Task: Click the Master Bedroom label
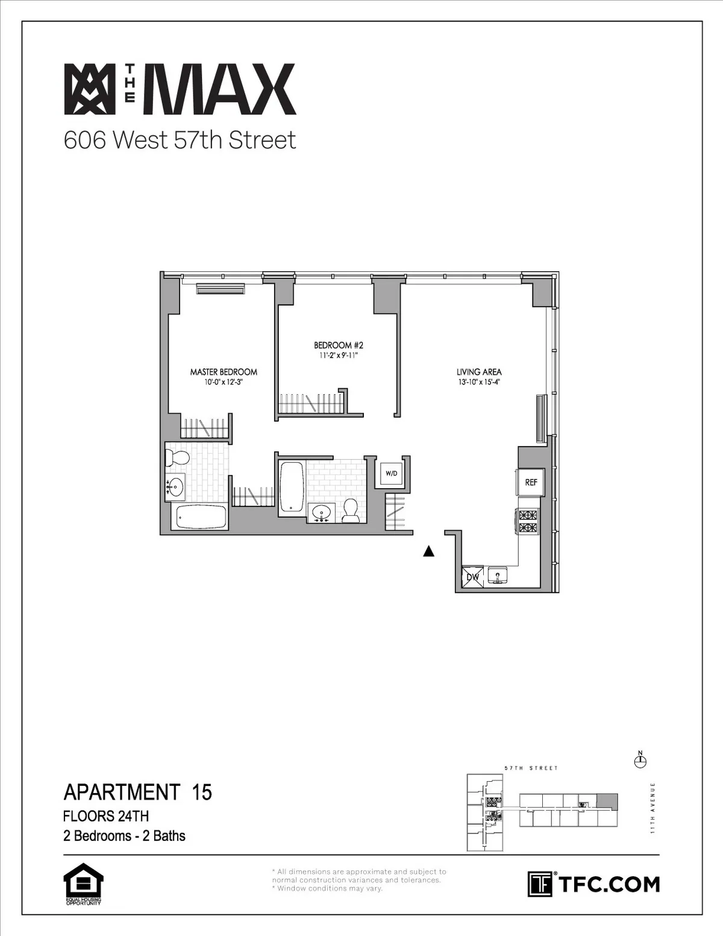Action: [224, 372]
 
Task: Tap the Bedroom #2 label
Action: [338, 345]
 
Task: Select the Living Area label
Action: [479, 372]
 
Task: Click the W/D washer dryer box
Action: [392, 473]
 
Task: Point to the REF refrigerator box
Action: [531, 482]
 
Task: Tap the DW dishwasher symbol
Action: [473, 577]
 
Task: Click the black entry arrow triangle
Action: [428, 551]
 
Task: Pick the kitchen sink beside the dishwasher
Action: [498, 576]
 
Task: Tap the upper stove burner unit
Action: [528, 515]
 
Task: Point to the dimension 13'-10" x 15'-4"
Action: [479, 382]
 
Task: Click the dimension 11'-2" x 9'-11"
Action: [338, 355]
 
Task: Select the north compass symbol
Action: [640, 761]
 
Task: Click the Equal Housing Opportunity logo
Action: [83, 885]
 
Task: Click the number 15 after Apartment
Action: [202, 791]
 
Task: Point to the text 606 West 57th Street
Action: [180, 140]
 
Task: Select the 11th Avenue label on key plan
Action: [653, 808]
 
